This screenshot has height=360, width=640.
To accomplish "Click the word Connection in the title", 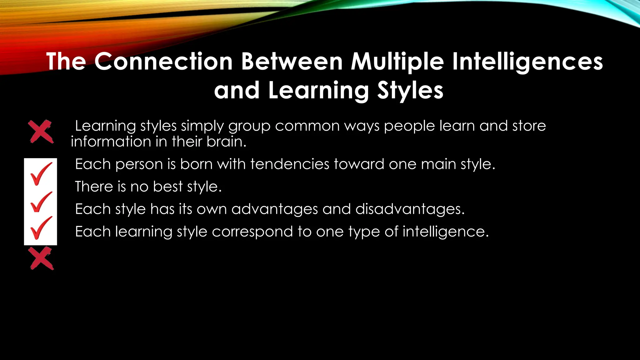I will coord(163,61).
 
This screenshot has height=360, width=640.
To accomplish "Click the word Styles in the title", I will coord(410,91).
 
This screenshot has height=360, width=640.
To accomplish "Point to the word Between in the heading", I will coord(292,61).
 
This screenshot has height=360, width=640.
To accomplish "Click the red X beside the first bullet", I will coord(41,132).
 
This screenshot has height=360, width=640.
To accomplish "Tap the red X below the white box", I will coord(41,258).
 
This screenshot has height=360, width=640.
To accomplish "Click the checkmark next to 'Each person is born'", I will coord(41,174).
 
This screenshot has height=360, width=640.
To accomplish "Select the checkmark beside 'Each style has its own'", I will coord(41,202).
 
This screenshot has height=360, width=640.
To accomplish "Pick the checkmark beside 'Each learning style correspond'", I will coord(41,228).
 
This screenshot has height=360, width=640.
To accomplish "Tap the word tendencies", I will coord(289,164).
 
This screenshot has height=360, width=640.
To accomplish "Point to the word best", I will coord(167,187).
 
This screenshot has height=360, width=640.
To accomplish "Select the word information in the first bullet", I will coord(111,142).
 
